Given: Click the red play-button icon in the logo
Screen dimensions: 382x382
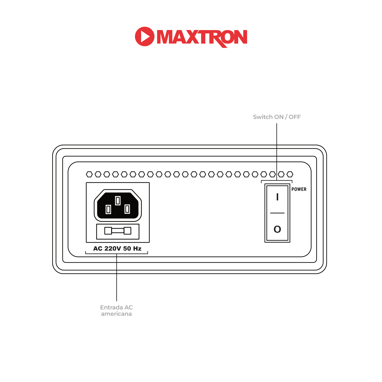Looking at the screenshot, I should [x=144, y=36].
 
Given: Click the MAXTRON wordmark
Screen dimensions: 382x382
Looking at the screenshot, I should [x=202, y=37].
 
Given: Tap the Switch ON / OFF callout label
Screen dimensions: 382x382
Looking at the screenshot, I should [x=277, y=117].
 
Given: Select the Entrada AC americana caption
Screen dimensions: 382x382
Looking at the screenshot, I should [x=116, y=310].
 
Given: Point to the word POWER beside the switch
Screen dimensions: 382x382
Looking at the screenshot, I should [x=299, y=189].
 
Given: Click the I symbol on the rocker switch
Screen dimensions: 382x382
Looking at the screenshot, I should [x=277, y=197].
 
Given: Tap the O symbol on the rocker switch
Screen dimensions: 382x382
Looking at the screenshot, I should [x=277, y=229].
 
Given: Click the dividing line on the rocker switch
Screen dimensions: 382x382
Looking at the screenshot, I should [x=277, y=213].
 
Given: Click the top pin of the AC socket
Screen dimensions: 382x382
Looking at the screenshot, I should [x=118, y=201].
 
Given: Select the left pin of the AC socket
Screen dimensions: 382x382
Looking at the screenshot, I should [x=108, y=209].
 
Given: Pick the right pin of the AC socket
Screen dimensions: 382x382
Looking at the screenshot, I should [x=127, y=209].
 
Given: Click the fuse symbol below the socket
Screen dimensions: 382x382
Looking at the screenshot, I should [x=118, y=231].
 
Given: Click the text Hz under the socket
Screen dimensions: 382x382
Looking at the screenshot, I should [x=137, y=249].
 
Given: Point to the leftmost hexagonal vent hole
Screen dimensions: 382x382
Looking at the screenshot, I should [x=89, y=174].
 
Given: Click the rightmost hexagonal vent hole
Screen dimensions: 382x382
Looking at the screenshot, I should [x=290, y=174].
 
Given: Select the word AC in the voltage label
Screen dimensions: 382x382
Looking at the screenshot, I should [x=98, y=249].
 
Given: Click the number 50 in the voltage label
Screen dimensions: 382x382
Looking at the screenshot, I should [x=127, y=249].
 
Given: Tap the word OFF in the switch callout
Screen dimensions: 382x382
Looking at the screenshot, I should [x=295, y=117].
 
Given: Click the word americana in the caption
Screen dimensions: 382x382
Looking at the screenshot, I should [x=116, y=314].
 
